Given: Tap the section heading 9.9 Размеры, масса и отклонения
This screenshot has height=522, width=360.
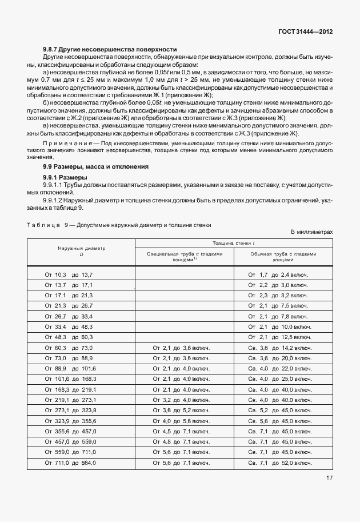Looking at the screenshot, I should (95, 166).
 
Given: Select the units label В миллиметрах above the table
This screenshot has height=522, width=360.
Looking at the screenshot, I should (311, 232).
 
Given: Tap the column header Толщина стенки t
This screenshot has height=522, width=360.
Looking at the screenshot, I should (233, 243).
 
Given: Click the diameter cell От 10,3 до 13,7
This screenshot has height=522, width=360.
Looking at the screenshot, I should (69, 275).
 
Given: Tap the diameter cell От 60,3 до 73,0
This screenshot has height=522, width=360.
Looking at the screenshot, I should (69, 348).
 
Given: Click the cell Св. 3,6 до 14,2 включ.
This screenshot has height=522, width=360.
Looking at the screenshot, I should (279, 348).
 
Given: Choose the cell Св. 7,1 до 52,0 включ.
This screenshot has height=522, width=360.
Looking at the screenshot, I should (279, 462).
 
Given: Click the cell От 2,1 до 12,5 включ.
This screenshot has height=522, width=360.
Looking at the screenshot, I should (279, 337).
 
